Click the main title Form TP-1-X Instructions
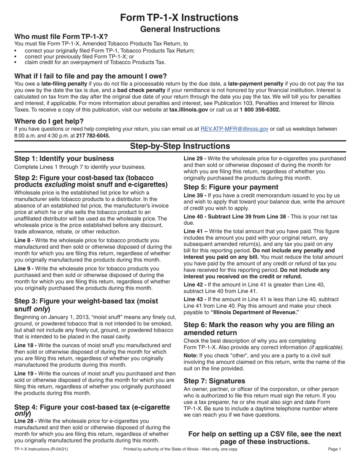(180, 17)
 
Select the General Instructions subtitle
(180, 29)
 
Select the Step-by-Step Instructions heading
(180, 146)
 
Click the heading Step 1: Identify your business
(64, 159)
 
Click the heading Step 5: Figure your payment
(231, 187)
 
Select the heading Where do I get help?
(49, 121)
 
